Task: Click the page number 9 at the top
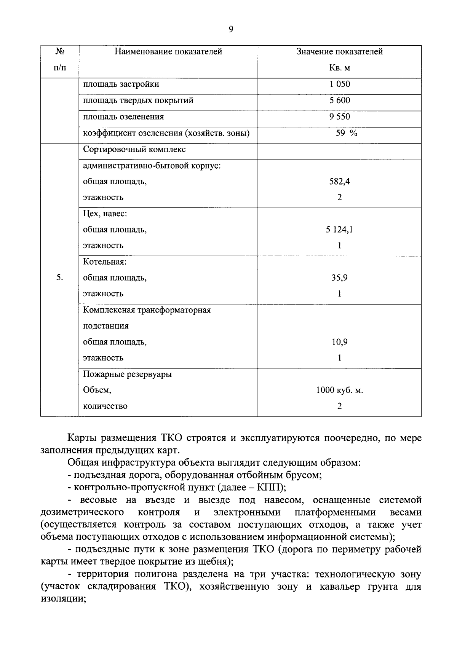coord(231,29)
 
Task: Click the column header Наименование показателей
coord(168,51)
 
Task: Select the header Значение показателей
coord(339,51)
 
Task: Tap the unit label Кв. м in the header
coord(339,68)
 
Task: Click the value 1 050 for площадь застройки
coord(339,84)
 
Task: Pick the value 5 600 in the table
coord(339,100)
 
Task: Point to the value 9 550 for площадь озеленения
coord(339,116)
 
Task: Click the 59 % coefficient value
coord(346,133)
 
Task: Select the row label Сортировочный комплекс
coord(134,149)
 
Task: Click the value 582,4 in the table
coord(339,182)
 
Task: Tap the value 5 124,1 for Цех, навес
coord(339,230)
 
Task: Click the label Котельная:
coord(105,262)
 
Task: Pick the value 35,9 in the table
coord(339,278)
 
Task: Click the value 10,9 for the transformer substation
coord(339,342)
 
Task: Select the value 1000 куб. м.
coord(339,390)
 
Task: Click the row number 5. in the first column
coord(60,278)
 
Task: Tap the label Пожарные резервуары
coord(127,374)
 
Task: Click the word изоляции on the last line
coord(61,599)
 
